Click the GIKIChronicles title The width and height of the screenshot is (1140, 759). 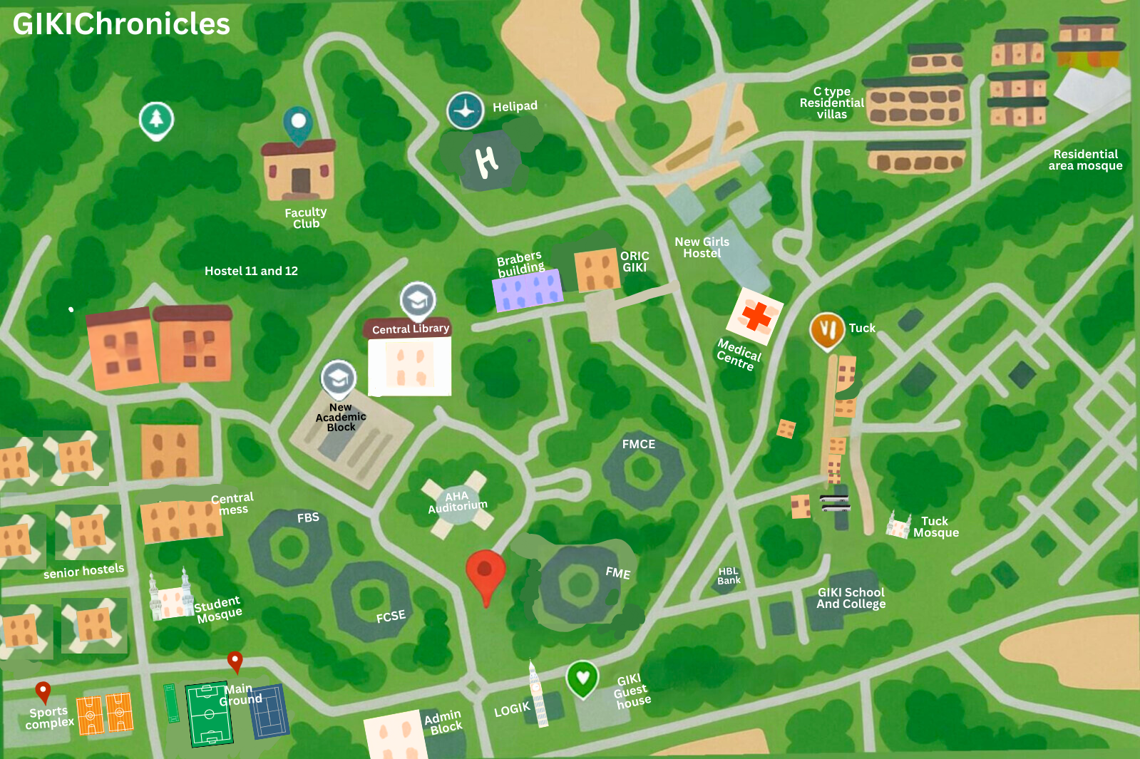coord(121,24)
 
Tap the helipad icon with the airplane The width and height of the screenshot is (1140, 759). coord(465,110)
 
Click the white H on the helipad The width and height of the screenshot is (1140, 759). coord(487,162)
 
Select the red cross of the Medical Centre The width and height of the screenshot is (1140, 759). coord(756,316)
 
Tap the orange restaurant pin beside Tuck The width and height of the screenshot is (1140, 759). coord(827,330)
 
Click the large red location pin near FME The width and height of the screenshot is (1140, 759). coord(486,573)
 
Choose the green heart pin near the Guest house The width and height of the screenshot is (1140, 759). coord(582,678)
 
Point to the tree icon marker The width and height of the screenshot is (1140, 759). coord(156,120)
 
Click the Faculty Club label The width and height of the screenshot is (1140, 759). coord(306,218)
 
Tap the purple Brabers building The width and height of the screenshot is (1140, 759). coord(528,291)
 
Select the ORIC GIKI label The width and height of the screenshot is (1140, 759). coord(635,262)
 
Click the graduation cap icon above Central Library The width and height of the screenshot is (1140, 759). coord(418,300)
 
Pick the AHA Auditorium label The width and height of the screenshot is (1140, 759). coord(458,501)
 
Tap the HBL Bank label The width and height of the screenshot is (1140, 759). coord(729,576)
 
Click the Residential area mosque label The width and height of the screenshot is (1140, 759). coord(1085,160)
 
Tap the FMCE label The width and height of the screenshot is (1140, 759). coord(638,444)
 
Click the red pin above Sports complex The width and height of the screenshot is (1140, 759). coord(43,691)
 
